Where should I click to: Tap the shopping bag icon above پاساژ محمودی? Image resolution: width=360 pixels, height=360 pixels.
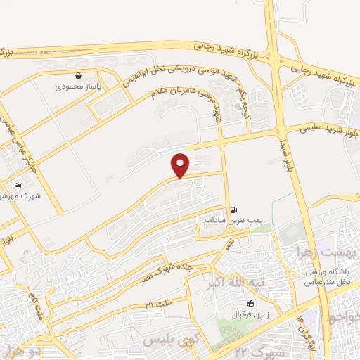[78, 75]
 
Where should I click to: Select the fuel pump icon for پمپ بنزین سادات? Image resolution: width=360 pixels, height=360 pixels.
[234, 209]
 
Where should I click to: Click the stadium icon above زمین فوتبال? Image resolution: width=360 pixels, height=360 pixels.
[250, 302]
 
